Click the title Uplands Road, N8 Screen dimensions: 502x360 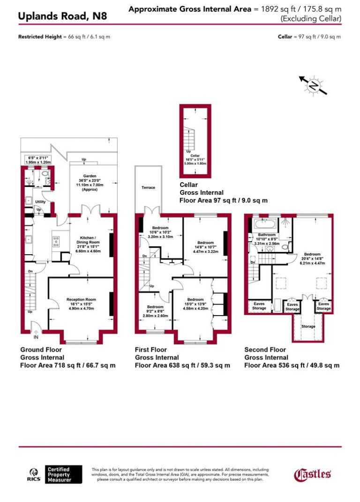pos(62,16)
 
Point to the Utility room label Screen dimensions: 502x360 pos(40,202)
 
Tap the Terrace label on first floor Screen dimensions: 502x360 pos(148,187)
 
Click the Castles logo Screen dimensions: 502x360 pos(313,474)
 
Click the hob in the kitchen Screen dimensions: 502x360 pos(56,242)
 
